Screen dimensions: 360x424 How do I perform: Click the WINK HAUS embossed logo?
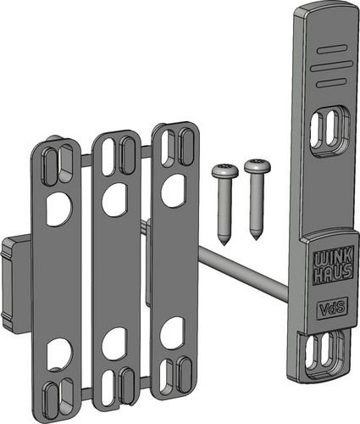[x=333, y=265]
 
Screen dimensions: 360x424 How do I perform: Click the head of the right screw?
[x=258, y=166]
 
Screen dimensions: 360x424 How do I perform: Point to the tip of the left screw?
[x=224, y=245]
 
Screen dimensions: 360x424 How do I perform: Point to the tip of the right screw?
[x=256, y=240]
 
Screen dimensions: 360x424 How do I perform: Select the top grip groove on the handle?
[x=331, y=49]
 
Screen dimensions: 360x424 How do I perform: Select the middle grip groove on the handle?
[x=331, y=66]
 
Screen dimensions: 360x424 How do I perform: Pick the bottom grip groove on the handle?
[x=331, y=83]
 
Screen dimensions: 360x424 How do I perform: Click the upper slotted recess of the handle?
[x=330, y=131]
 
